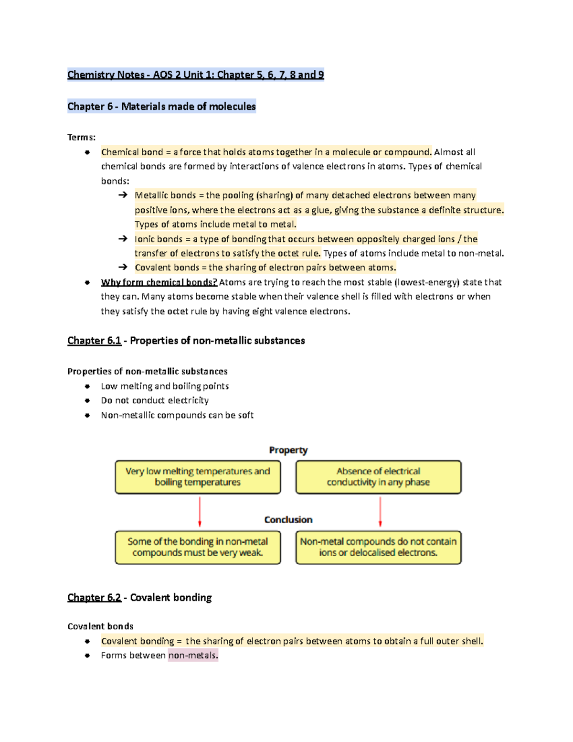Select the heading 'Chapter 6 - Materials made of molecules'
pos(161,106)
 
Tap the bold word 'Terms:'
pos(82,138)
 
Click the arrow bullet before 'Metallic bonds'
pos(123,195)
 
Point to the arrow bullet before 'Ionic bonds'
pos(123,238)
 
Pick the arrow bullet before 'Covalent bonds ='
pos(123,267)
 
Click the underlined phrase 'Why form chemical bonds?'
pos(159,282)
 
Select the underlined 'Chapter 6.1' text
pos(94,341)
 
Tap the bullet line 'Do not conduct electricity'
pos(155,400)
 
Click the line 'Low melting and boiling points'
pos(165,386)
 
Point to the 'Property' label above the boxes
pos(288,450)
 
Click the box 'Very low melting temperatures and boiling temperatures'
pos(198,477)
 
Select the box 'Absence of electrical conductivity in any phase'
pos(378,477)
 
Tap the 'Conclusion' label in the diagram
pos(288,520)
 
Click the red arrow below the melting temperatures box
pos(200,512)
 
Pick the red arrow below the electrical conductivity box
pos(380,512)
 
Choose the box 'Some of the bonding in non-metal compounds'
pos(198,547)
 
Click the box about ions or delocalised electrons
pos(378,547)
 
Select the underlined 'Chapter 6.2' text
pos(94,598)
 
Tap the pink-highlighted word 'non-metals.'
pos(193,656)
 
